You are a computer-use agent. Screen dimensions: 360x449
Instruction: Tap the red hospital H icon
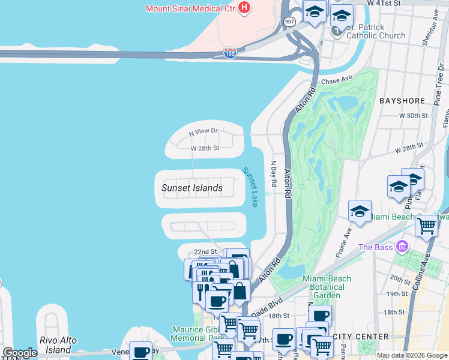(244, 8)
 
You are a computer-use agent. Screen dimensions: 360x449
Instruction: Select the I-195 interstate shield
(230, 54)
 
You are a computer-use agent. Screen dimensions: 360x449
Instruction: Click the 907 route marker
(290, 22)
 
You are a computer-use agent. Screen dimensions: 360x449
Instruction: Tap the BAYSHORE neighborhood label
(402, 101)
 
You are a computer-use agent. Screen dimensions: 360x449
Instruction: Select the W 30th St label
(412, 115)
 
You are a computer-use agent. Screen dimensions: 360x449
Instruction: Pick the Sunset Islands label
(192, 188)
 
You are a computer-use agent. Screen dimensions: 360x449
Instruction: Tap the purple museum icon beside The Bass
(402, 246)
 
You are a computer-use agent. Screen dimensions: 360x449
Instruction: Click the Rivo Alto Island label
(58, 344)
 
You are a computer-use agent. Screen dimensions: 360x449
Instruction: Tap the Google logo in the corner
(20, 353)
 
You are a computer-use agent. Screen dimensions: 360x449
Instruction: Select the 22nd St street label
(205, 252)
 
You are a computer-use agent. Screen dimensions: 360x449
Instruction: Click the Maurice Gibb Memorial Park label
(196, 334)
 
